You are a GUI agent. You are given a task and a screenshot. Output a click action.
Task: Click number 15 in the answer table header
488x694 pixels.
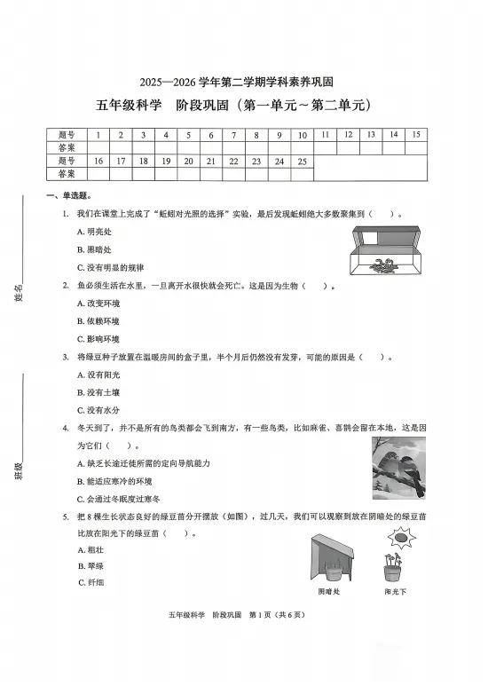tap(415, 135)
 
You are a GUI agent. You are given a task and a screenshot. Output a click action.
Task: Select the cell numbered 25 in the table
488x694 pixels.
tap(303, 162)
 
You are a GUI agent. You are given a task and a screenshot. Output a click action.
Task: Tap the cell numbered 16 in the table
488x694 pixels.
tap(98, 162)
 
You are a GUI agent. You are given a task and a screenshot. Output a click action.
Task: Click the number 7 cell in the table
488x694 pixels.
tap(233, 136)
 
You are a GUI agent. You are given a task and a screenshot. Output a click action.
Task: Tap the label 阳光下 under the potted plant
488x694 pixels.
tap(395, 590)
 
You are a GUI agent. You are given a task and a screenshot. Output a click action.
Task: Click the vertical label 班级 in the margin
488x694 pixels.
tap(19, 469)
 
